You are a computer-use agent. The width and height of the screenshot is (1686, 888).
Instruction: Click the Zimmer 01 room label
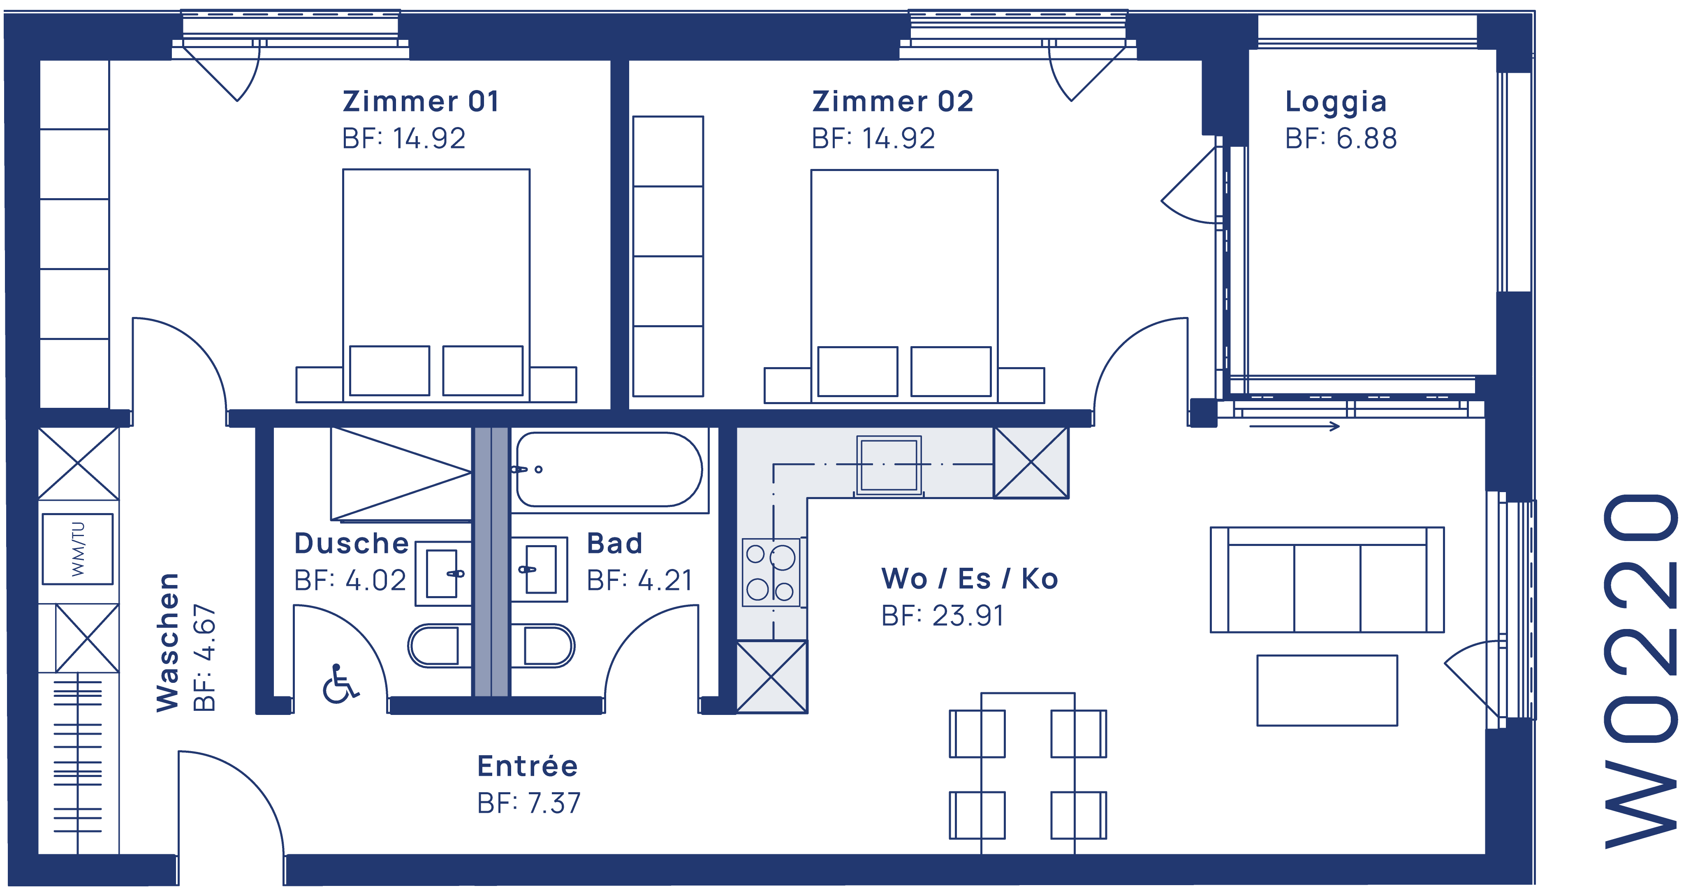tap(421, 102)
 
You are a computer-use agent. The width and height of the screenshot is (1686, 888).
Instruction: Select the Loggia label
tap(1335, 102)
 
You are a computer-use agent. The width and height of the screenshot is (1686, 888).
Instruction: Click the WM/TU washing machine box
tap(78, 549)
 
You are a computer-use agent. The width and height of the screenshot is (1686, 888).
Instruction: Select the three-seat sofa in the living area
tap(1327, 580)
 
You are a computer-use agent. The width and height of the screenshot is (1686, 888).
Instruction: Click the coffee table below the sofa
tap(1327, 690)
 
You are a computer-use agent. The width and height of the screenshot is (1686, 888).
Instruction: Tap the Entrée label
tap(528, 766)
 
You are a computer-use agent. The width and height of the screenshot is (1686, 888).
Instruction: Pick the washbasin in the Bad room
tap(539, 569)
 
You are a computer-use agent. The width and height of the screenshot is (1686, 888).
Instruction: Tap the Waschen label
tap(167, 643)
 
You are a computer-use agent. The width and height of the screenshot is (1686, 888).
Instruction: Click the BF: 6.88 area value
tap(1341, 139)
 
